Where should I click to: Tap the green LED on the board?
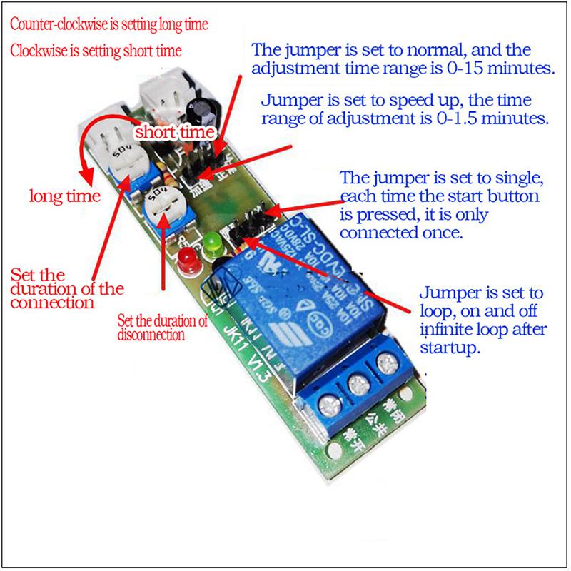click(210, 245)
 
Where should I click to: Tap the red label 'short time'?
click(175, 132)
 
